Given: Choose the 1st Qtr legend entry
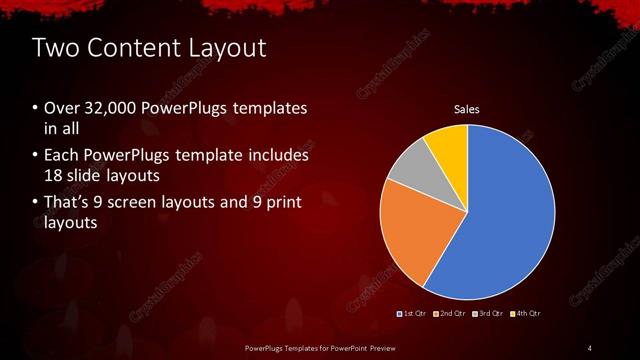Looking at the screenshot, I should click(414, 314).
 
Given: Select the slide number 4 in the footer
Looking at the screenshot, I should click(590, 347).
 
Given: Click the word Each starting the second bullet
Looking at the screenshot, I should click(63, 156).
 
